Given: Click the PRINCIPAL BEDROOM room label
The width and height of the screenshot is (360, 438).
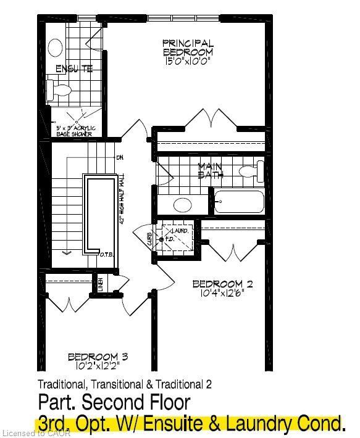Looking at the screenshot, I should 188,48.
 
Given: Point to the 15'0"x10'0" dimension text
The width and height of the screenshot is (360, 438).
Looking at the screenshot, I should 188,61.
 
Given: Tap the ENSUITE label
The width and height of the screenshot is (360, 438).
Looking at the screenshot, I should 74,68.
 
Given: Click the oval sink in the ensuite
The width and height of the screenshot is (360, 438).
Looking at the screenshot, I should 56,47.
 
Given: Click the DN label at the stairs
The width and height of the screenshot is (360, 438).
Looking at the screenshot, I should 119,157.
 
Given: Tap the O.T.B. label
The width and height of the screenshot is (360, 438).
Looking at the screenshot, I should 107,254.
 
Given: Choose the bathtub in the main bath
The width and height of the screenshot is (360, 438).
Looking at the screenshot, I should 239,202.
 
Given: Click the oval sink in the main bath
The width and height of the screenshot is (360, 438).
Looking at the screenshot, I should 183,204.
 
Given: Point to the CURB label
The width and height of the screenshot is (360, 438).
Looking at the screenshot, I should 150,239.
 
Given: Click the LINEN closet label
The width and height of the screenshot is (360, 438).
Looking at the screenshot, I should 100,285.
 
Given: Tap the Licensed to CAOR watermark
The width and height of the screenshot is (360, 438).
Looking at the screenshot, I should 36,433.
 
